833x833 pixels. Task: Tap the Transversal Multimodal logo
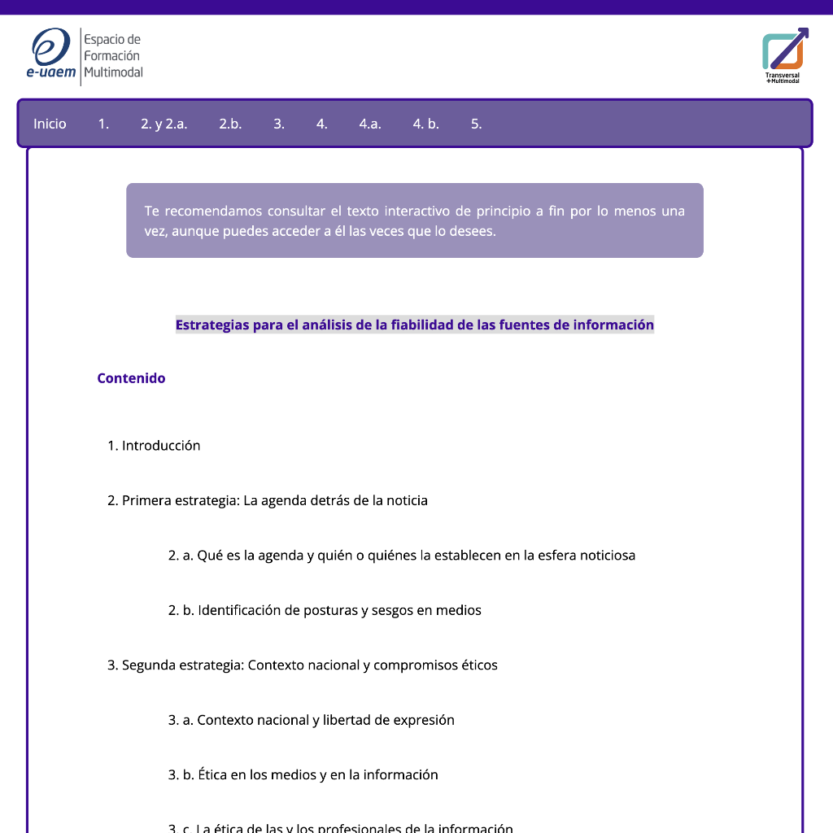click(x=783, y=55)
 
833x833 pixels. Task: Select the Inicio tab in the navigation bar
click(x=50, y=124)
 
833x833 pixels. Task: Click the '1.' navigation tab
click(x=103, y=124)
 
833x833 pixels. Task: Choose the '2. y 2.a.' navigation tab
click(x=164, y=124)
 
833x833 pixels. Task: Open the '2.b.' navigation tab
click(x=230, y=124)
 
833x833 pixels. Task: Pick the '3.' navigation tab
click(x=279, y=124)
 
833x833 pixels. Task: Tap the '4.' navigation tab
click(x=322, y=124)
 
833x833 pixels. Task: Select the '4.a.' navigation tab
click(x=370, y=124)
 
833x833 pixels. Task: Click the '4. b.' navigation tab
click(x=425, y=124)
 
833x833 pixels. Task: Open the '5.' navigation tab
click(x=476, y=124)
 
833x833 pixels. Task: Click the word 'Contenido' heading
click(x=131, y=378)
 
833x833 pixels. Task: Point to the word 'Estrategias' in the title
click(x=213, y=325)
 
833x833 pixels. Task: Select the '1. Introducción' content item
click(x=154, y=446)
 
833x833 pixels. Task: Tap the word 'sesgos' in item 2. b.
click(x=392, y=610)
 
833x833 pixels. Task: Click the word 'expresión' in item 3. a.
click(x=424, y=720)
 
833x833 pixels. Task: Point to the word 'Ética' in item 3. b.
click(x=212, y=774)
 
